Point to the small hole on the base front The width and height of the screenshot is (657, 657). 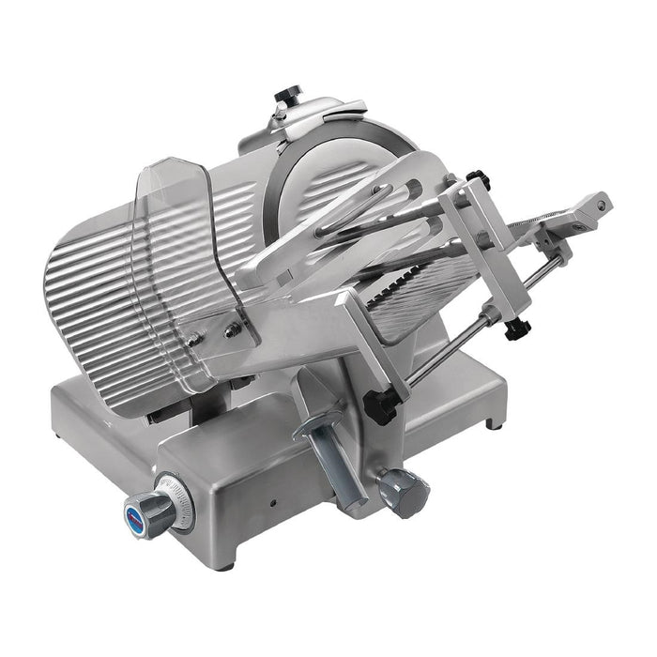[x=273, y=502]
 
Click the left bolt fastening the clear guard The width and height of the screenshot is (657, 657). [x=193, y=341]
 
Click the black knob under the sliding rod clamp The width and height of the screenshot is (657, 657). [x=513, y=329]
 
